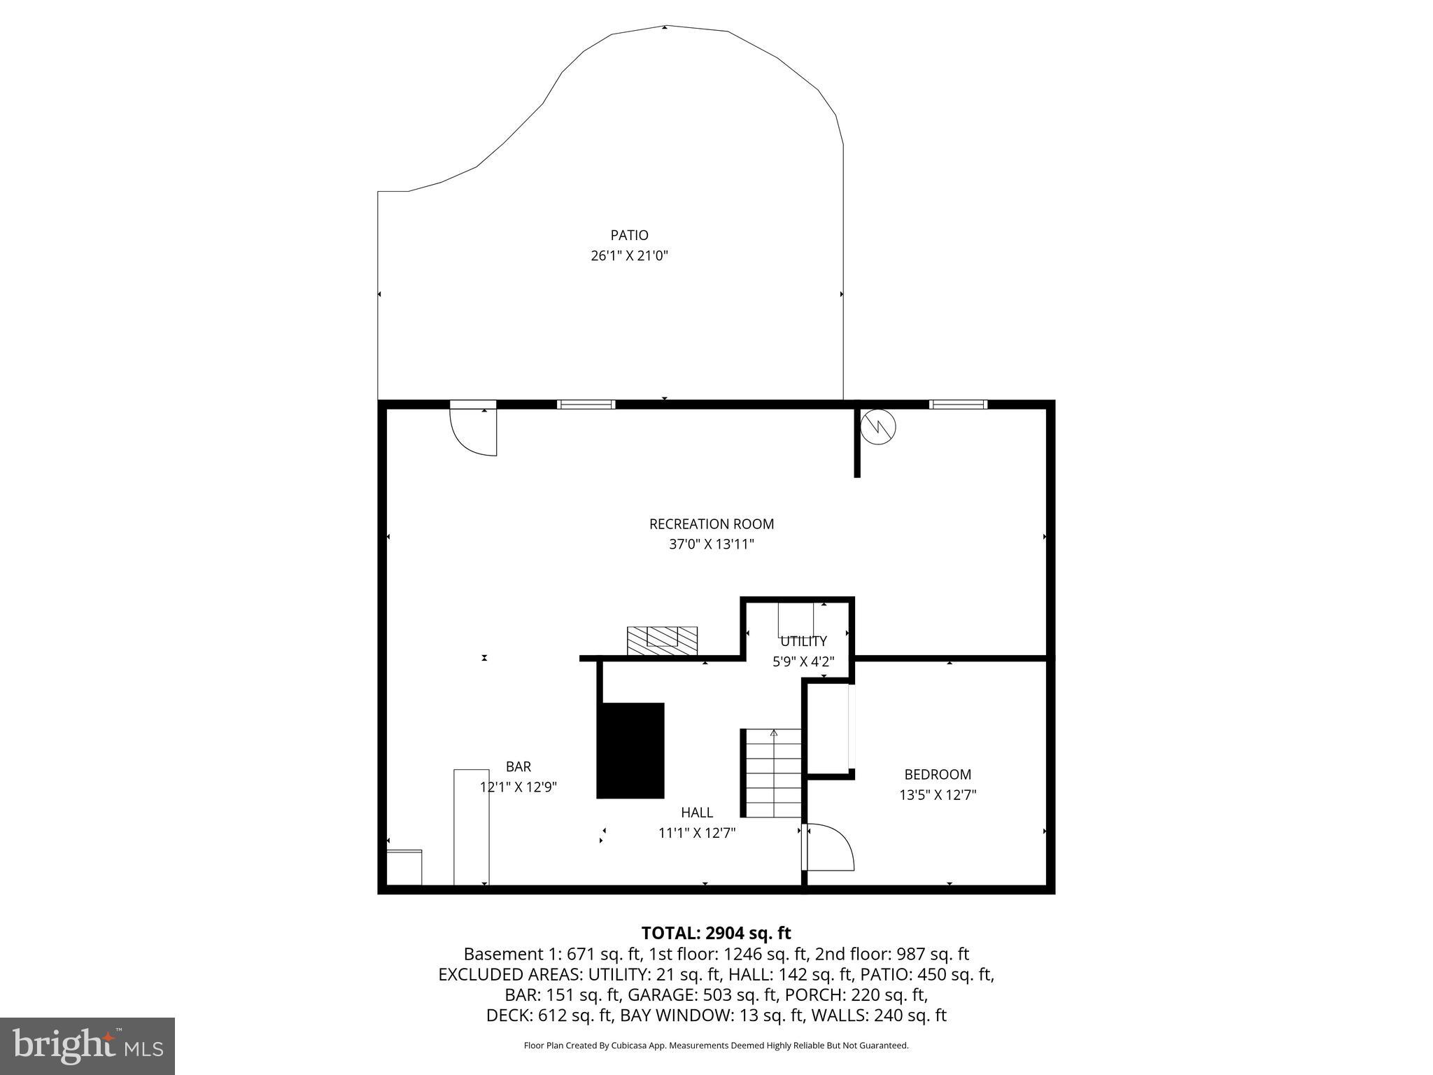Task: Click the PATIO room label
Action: coord(629,235)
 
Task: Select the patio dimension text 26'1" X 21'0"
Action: coord(629,256)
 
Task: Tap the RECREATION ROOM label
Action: coord(711,524)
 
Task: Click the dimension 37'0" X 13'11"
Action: coord(711,544)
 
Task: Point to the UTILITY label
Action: coord(803,641)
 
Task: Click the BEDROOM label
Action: coord(937,775)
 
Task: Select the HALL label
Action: coord(696,813)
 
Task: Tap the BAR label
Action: coord(518,767)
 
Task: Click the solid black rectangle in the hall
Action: coord(630,750)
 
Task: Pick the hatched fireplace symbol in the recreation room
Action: coord(662,641)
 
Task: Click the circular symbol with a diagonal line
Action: coord(877,426)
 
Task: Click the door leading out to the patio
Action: coord(474,430)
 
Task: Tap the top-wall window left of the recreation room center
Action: coord(586,405)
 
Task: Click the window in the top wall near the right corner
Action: coord(958,405)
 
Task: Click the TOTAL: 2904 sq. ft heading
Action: coord(716,933)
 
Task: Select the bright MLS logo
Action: coord(87,1046)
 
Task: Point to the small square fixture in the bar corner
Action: coord(404,867)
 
